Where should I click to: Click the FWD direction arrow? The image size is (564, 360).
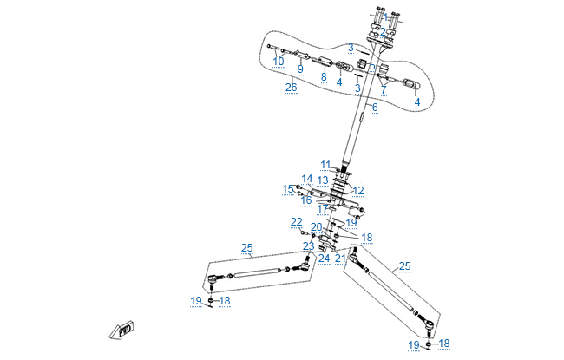click(121, 332)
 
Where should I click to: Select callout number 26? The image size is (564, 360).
click(291, 87)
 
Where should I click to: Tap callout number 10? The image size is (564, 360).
click(279, 62)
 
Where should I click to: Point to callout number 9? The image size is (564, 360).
click(300, 69)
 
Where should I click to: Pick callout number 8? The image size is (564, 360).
click(324, 76)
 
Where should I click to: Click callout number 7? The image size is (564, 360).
click(384, 88)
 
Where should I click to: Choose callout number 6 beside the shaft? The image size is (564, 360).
click(375, 108)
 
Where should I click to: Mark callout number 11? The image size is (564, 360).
click(325, 164)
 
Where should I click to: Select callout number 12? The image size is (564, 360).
click(358, 191)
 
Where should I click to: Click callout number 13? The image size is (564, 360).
click(322, 180)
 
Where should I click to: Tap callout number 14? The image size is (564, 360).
click(306, 179)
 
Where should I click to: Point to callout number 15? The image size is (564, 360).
click(288, 188)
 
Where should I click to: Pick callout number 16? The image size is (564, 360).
click(306, 200)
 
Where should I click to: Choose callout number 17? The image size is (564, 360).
click(323, 209)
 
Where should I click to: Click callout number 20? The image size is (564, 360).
click(317, 227)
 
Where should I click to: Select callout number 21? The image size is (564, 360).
click(341, 258)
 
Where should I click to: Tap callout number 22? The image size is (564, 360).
click(297, 222)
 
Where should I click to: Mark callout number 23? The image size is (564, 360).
click(308, 246)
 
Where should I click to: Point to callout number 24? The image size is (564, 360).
click(324, 258)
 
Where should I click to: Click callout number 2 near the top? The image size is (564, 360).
click(383, 32)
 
